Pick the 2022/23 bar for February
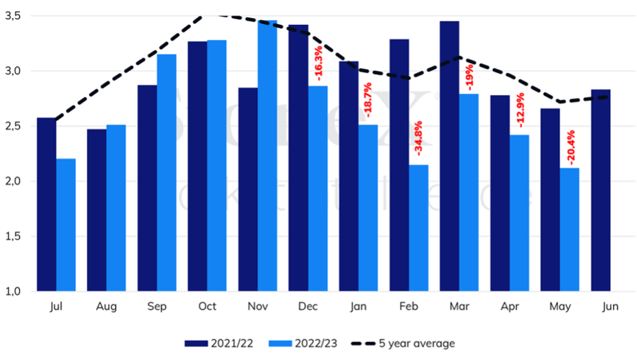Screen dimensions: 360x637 coord(418,228)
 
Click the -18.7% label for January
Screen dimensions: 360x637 coord(368,103)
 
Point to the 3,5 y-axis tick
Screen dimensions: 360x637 coord(14,15)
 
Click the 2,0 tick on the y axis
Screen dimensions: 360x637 coord(14,181)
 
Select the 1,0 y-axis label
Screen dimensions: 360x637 coord(14,292)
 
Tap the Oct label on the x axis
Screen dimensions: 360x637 coord(207,306)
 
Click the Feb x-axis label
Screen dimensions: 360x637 coord(409,306)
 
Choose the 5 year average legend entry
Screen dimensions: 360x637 coord(403,343)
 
